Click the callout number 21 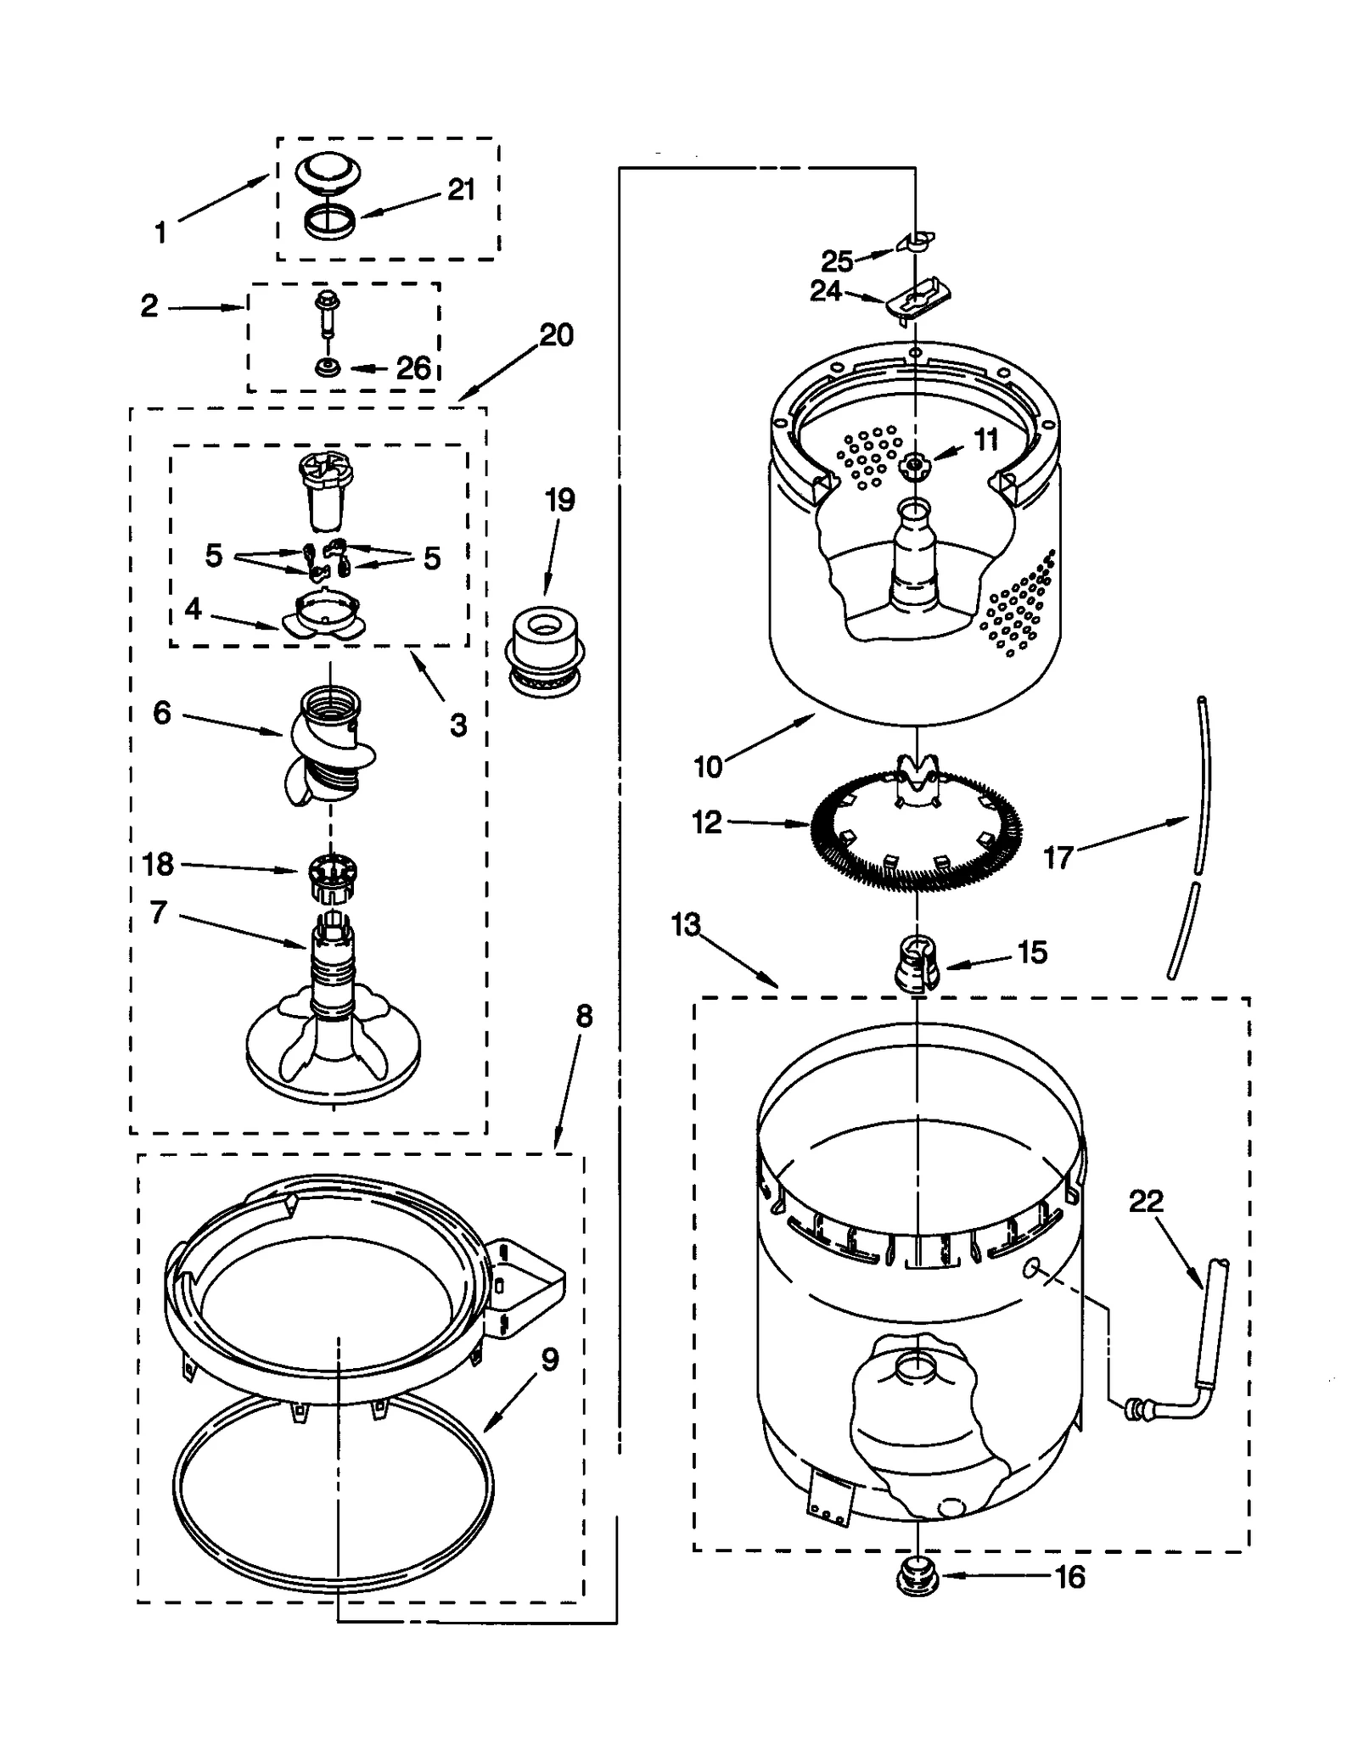tap(461, 190)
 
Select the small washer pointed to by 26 tap(328, 368)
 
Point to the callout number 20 tap(556, 335)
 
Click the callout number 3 tap(457, 726)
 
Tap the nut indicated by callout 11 tap(915, 463)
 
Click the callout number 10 tap(708, 766)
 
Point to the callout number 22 tap(1145, 1201)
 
